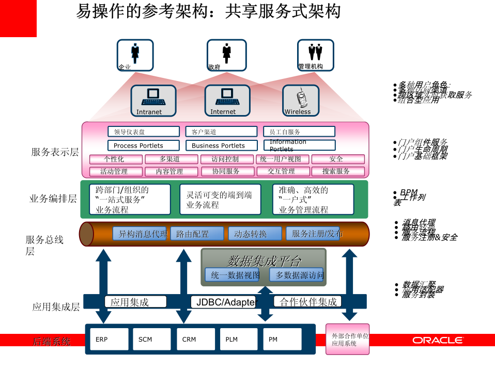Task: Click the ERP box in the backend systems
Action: (x=109, y=339)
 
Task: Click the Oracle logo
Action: (x=437, y=340)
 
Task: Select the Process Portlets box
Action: (x=143, y=146)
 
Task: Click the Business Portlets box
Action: (x=221, y=146)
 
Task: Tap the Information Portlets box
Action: (x=299, y=146)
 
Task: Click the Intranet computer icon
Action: (x=153, y=100)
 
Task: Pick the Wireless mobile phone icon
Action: (x=300, y=100)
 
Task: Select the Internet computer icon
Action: (x=227, y=100)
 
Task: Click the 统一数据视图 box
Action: (x=235, y=275)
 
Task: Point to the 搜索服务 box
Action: (x=336, y=171)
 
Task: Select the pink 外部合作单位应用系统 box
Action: (x=347, y=339)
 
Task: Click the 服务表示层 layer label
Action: (x=55, y=152)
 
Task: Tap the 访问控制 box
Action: (x=226, y=159)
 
